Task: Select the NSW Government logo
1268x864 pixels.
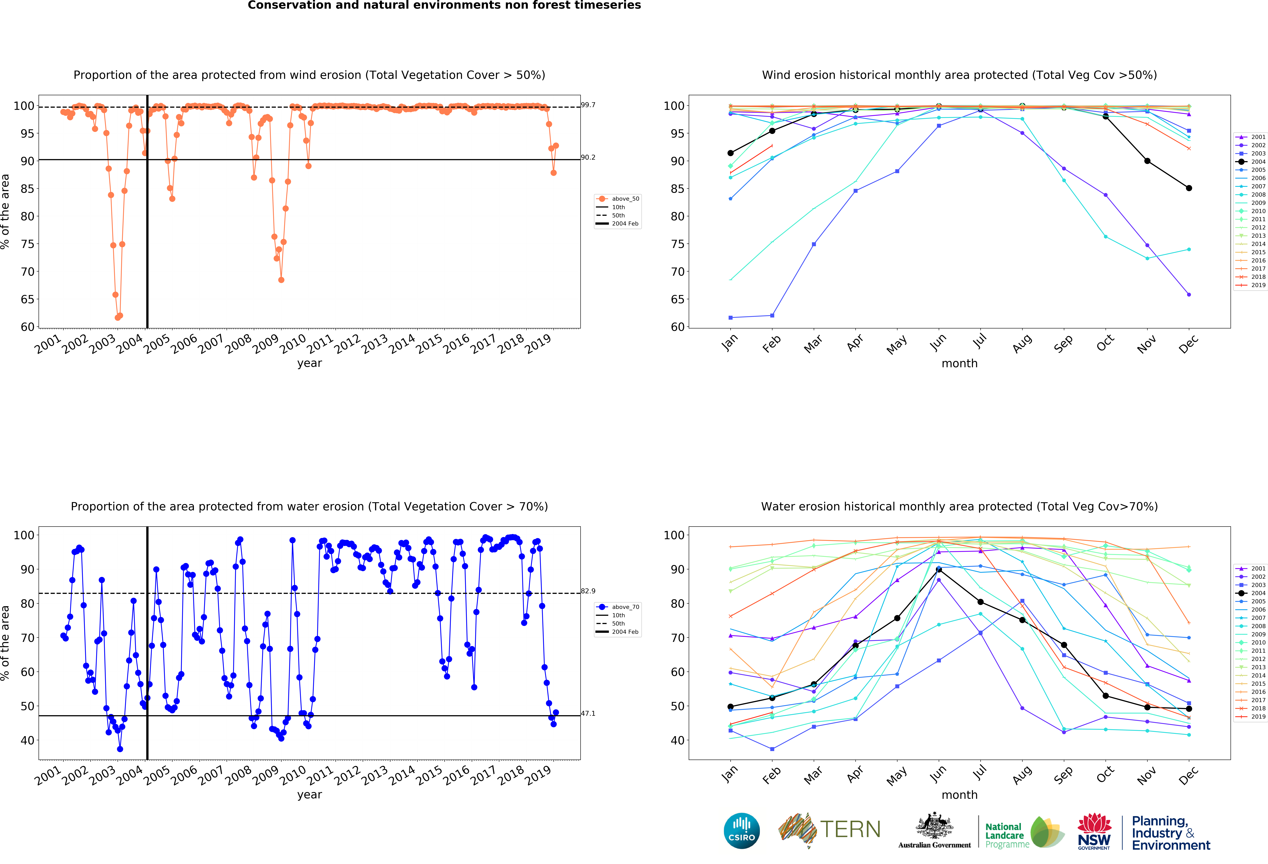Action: (1094, 831)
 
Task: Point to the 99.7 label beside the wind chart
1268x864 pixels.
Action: (588, 105)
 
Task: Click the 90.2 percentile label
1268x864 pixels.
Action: (588, 157)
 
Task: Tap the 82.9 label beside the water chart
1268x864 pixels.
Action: (588, 591)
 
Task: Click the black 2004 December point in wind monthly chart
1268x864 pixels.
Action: (1189, 188)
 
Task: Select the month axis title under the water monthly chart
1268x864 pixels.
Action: (959, 795)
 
